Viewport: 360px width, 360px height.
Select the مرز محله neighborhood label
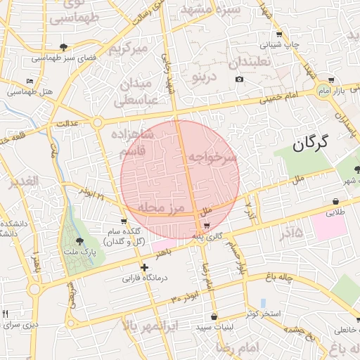pyautogui.click(x=160, y=208)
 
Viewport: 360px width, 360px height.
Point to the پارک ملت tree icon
pyautogui.click(x=79, y=241)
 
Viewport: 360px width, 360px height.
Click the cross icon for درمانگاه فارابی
pyautogui.click(x=145, y=267)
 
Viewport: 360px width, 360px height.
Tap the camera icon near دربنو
pyautogui.click(x=239, y=79)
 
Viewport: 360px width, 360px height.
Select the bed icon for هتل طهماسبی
pyautogui.click(x=30, y=82)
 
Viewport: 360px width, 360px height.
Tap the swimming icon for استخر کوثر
pyautogui.click(x=263, y=303)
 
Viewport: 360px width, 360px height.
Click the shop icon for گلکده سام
pyautogui.click(x=124, y=222)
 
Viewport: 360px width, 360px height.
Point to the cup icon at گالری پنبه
pyautogui.click(x=206, y=226)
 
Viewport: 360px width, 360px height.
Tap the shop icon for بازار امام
pyautogui.click(x=330, y=80)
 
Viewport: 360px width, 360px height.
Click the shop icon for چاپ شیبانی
pyautogui.click(x=279, y=34)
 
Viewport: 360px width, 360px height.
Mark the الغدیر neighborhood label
pyautogui.click(x=23, y=181)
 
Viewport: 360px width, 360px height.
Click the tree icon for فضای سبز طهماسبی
pyautogui.click(x=64, y=47)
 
